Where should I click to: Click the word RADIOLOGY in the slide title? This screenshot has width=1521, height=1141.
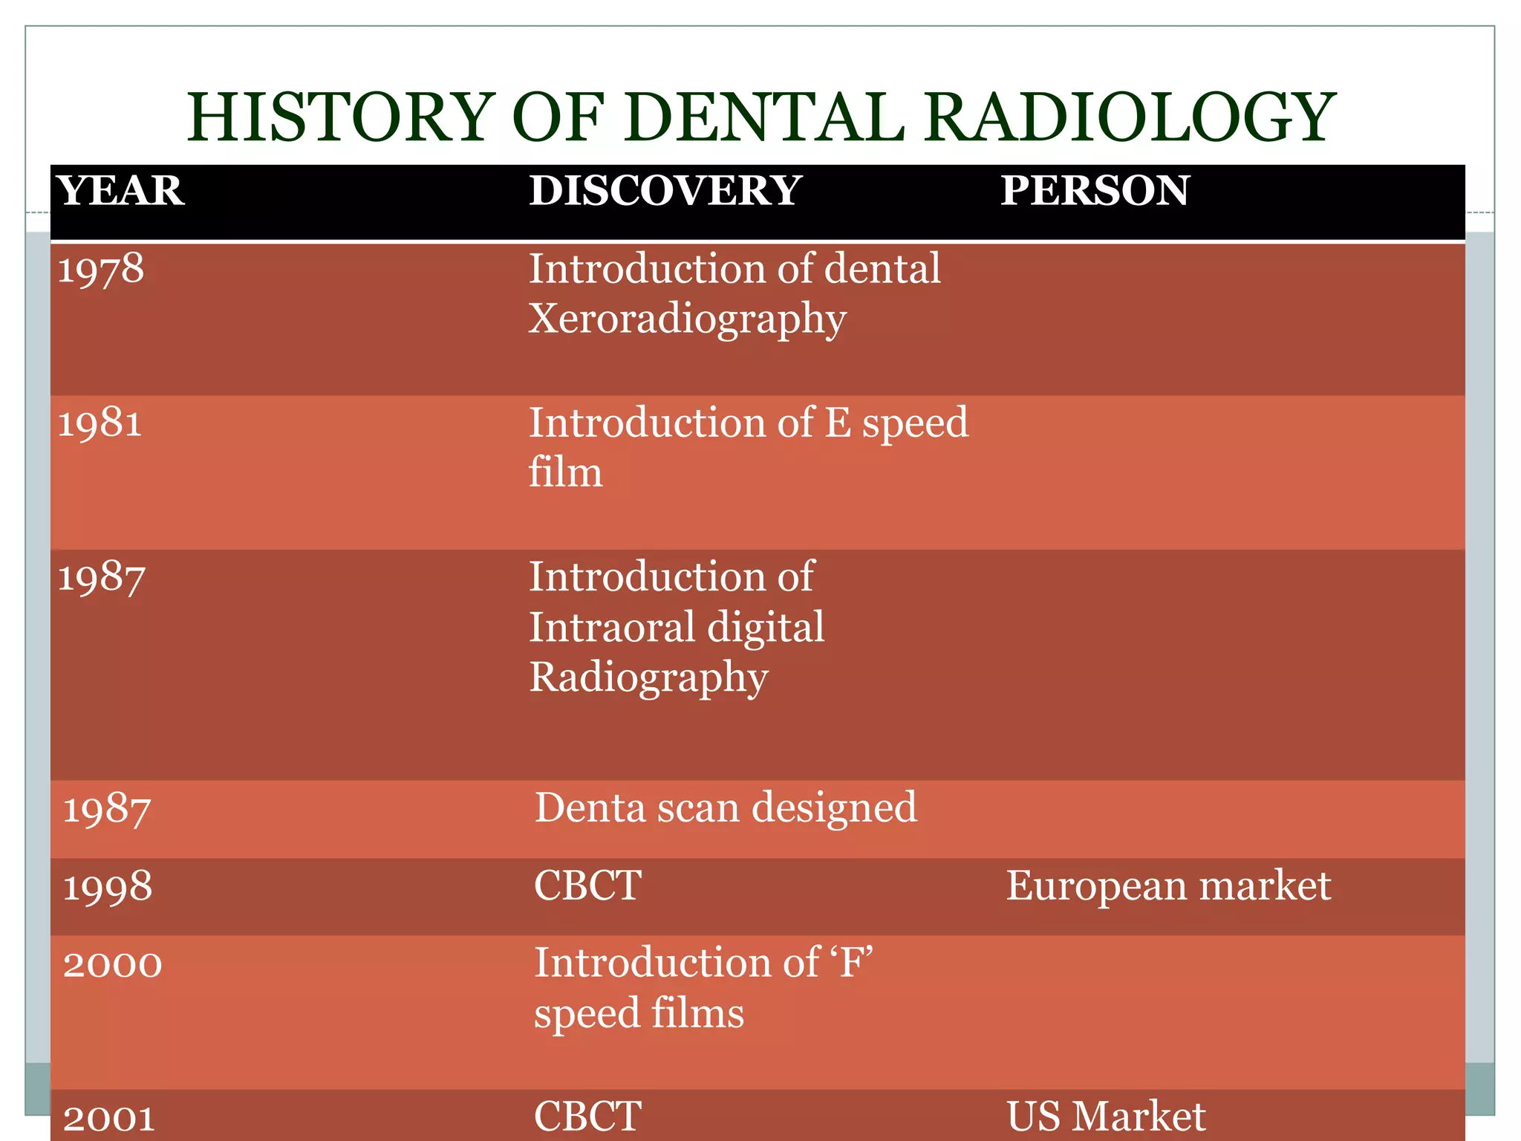[x=1130, y=117]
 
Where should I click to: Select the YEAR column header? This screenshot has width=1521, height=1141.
[x=121, y=190]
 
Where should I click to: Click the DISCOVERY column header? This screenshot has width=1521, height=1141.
[x=665, y=190]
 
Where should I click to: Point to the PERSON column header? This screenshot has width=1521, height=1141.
[x=1095, y=190]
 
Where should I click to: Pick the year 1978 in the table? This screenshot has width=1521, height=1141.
[x=101, y=269]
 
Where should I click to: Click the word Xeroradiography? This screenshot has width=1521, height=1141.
[x=687, y=319]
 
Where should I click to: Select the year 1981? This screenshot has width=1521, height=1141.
[x=100, y=423]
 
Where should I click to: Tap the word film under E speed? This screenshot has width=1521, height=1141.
[x=565, y=472]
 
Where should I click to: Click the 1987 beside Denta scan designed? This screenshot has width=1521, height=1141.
[x=107, y=809]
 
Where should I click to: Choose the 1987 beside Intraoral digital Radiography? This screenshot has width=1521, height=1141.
[x=101, y=577]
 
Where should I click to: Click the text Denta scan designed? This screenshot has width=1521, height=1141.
[x=725, y=808]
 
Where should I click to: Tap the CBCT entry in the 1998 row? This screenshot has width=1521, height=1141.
[x=587, y=885]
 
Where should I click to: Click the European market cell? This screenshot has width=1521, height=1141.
[x=1168, y=885]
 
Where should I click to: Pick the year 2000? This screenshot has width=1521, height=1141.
[x=112, y=964]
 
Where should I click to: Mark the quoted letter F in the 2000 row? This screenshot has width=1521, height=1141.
[x=853, y=963]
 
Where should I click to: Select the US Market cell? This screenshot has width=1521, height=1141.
[x=1106, y=1116]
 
